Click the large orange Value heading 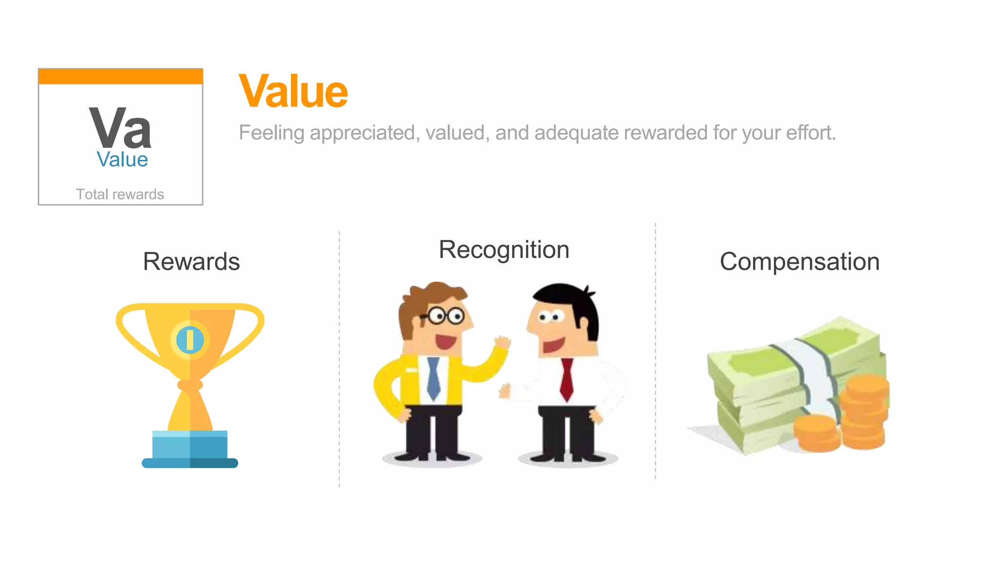click(293, 91)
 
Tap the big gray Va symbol click(120, 128)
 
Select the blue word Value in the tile click(122, 160)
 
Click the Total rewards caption click(120, 194)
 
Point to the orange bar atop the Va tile click(121, 76)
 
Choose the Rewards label click(191, 261)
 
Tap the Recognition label click(504, 250)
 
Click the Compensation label click(799, 261)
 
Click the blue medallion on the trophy click(190, 340)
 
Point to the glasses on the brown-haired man click(443, 316)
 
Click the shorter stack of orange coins click(816, 433)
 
